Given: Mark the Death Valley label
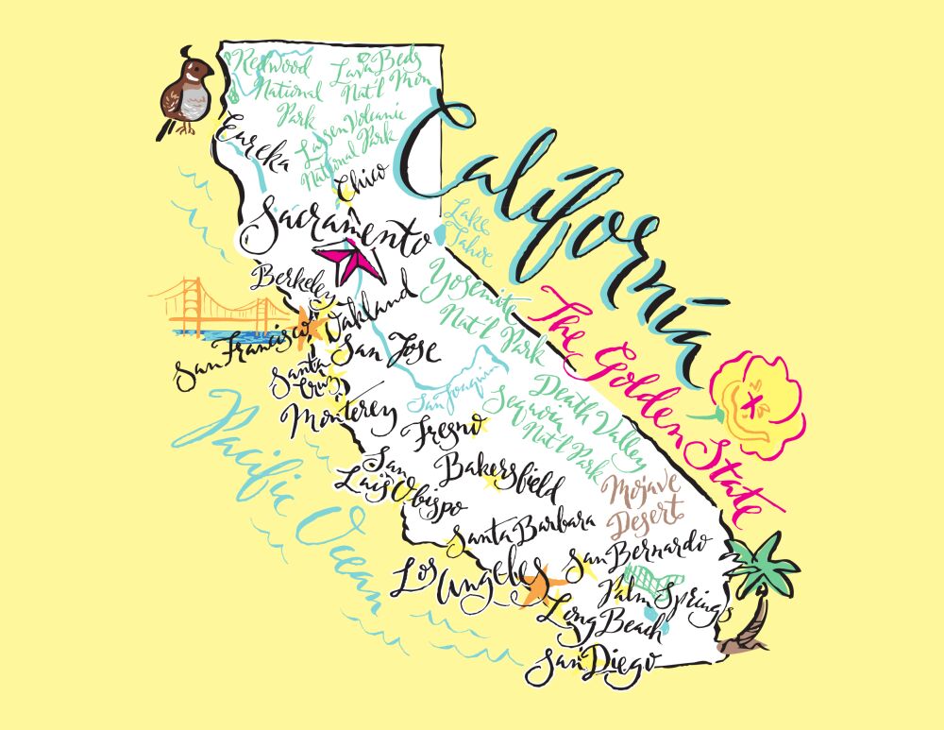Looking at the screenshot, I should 596,416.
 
